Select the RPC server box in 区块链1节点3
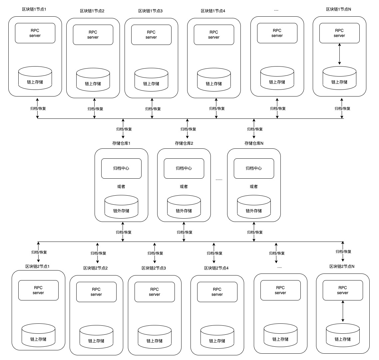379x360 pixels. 151,35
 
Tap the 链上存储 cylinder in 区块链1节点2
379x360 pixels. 93,80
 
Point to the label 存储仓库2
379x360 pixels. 184,143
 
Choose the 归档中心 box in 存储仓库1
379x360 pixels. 121,168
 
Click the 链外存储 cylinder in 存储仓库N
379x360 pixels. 253,207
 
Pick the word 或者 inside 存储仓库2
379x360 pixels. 184,187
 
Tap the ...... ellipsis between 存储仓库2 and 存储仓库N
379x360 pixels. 219,179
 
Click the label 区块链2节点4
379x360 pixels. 216,268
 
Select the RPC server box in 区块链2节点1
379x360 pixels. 38,290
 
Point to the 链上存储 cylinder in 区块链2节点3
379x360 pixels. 155,337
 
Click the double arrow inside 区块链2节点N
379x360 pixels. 343,311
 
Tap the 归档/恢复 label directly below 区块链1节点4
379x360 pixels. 217,108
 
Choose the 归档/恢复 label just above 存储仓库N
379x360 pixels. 255,129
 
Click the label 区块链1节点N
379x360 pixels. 338,9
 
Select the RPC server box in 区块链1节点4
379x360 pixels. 214,35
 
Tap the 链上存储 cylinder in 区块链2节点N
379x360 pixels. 343,335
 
